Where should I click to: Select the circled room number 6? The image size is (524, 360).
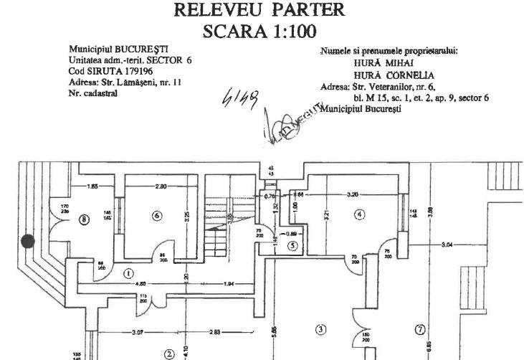coord(157,216)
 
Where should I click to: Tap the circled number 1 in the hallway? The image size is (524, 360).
coord(128,273)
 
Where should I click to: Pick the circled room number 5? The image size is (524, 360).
coord(292,245)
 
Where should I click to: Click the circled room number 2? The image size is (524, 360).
coord(169,353)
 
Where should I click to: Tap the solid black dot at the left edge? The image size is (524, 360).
coord(28,242)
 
